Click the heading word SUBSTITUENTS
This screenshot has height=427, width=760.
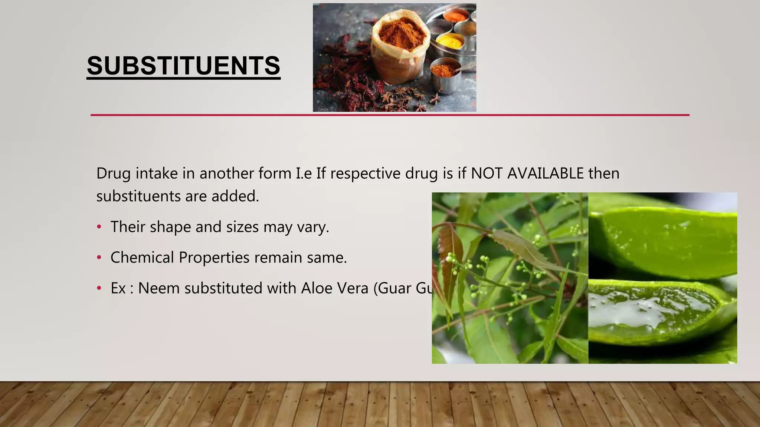tap(183, 66)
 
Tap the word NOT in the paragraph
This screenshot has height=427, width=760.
tap(487, 173)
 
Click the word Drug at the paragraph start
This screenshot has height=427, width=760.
tap(113, 173)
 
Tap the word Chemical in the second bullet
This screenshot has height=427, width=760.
tap(142, 257)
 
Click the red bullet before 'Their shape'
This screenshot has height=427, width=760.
tap(99, 227)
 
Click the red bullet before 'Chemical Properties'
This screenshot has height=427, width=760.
tap(99, 257)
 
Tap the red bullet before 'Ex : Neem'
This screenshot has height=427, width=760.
tap(99, 288)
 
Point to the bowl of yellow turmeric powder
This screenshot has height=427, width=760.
tap(450, 42)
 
